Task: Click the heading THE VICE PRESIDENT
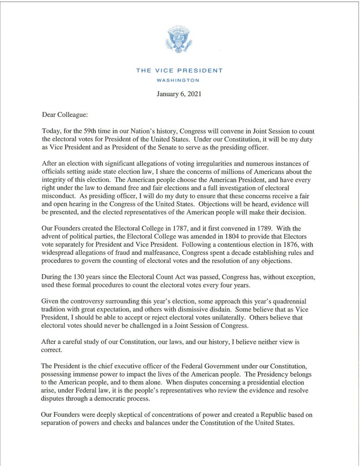[x=179, y=71]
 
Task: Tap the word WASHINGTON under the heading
[x=179, y=80]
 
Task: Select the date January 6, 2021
[x=179, y=94]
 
